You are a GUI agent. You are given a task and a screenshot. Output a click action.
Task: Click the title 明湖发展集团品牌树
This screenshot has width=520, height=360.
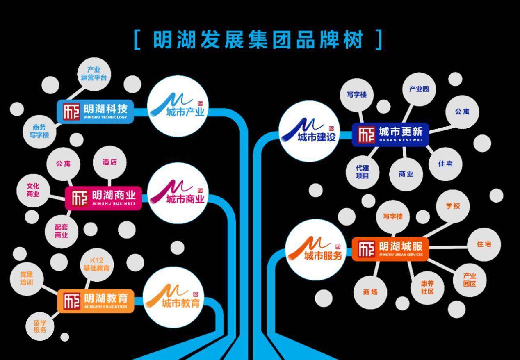click(x=258, y=40)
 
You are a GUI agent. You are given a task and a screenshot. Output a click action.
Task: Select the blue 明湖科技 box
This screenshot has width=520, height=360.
click(x=96, y=112)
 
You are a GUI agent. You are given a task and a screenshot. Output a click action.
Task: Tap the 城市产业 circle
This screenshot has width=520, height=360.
click(x=178, y=106)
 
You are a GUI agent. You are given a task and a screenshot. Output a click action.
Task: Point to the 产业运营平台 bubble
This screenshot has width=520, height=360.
click(x=94, y=74)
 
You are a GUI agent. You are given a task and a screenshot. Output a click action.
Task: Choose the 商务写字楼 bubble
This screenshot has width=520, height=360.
click(x=39, y=131)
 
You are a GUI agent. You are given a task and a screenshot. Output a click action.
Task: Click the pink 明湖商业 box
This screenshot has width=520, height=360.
click(x=103, y=198)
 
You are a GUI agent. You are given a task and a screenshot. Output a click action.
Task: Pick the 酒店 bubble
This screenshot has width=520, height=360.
click(x=109, y=162)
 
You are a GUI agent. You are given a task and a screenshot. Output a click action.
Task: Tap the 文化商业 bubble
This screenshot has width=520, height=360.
click(x=33, y=190)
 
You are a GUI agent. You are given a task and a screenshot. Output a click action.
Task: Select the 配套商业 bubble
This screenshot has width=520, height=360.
click(x=61, y=231)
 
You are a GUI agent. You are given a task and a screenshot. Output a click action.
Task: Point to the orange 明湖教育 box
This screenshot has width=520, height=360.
click(x=96, y=301)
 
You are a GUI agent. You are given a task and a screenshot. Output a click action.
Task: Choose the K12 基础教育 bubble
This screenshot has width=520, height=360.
click(x=96, y=264)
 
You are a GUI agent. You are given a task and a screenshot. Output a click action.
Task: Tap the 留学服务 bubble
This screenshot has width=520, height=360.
click(x=40, y=326)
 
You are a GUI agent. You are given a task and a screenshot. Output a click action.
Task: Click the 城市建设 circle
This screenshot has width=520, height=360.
click(x=309, y=131)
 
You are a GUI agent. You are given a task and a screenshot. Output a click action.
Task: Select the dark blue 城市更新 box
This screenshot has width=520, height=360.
click(x=390, y=134)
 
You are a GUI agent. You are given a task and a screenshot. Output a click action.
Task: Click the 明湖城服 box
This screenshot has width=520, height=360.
click(x=390, y=249)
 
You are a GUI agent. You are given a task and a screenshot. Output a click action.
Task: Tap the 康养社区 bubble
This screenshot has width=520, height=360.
click(x=427, y=288)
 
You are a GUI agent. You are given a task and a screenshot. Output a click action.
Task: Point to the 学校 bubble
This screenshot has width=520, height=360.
click(x=453, y=206)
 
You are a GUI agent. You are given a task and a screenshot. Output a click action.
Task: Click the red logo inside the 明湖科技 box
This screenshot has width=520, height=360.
click(x=71, y=112)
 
